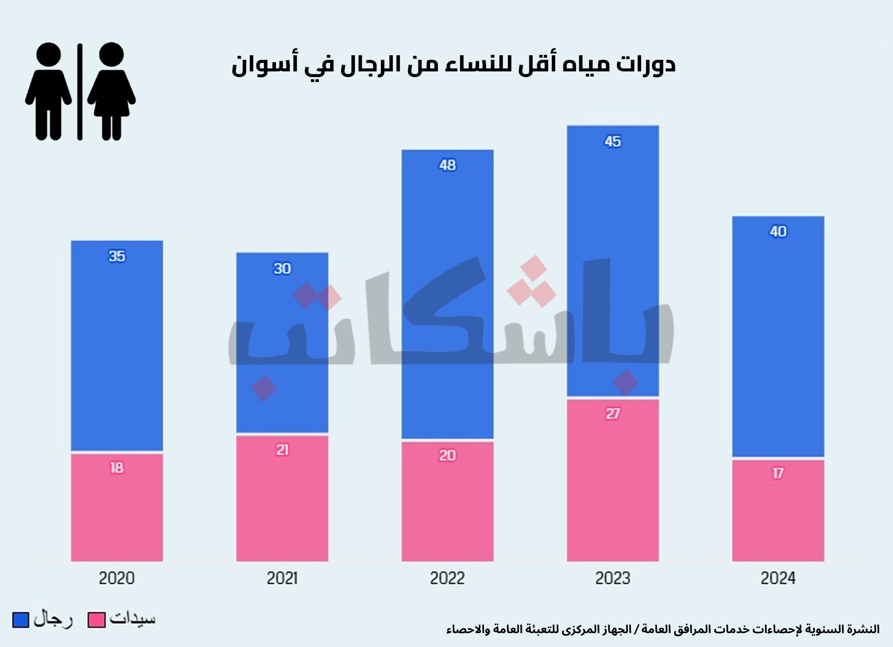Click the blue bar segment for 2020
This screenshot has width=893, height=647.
click(x=117, y=345)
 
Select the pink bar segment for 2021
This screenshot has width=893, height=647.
click(x=282, y=498)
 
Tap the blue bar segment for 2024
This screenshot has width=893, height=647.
click(x=778, y=335)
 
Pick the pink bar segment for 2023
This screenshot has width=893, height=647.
click(x=613, y=479)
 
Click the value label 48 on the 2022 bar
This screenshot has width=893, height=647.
click(x=447, y=165)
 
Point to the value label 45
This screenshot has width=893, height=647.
click(x=613, y=141)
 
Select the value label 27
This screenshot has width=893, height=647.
click(x=613, y=414)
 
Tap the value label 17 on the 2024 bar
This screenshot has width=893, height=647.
click(x=778, y=474)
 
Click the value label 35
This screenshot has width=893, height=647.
click(x=117, y=256)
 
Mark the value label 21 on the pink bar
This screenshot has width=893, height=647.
click(x=282, y=450)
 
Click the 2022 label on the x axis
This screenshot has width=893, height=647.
click(x=447, y=578)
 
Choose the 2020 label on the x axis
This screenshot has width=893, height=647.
click(x=117, y=578)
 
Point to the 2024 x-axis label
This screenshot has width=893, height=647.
click(x=778, y=578)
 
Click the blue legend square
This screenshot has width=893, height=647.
click(x=21, y=620)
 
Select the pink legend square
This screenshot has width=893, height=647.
click(x=96, y=620)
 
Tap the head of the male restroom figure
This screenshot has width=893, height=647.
click(x=48, y=54)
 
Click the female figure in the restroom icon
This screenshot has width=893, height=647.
click(x=112, y=91)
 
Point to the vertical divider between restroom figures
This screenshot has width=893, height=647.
click(x=80, y=91)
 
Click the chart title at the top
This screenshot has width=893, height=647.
click(x=453, y=65)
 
